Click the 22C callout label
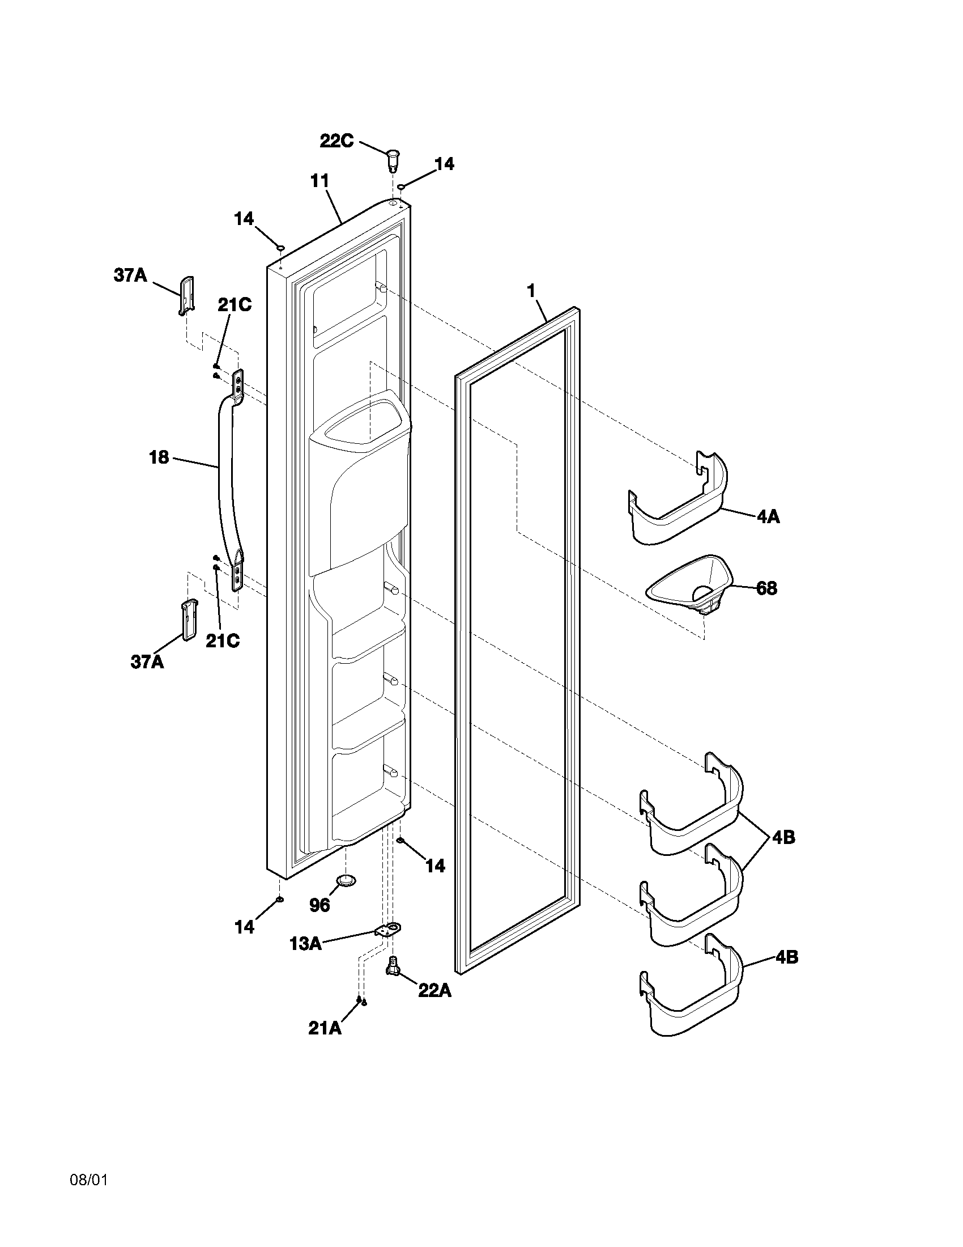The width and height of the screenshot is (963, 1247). click(x=336, y=141)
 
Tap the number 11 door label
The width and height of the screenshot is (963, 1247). click(x=319, y=181)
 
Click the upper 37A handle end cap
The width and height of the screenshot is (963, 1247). click(x=187, y=295)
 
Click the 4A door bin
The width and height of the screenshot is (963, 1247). click(x=679, y=502)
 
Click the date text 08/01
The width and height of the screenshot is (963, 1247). click(x=88, y=1180)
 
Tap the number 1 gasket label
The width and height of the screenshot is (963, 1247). click(x=531, y=291)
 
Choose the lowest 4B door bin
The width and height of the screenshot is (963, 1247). click(x=693, y=996)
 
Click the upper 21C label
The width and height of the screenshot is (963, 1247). click(x=234, y=305)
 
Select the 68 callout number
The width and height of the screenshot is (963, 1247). click(x=766, y=588)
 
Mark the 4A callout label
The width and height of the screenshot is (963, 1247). click(x=768, y=518)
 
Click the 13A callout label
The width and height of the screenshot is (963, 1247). click(x=305, y=944)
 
